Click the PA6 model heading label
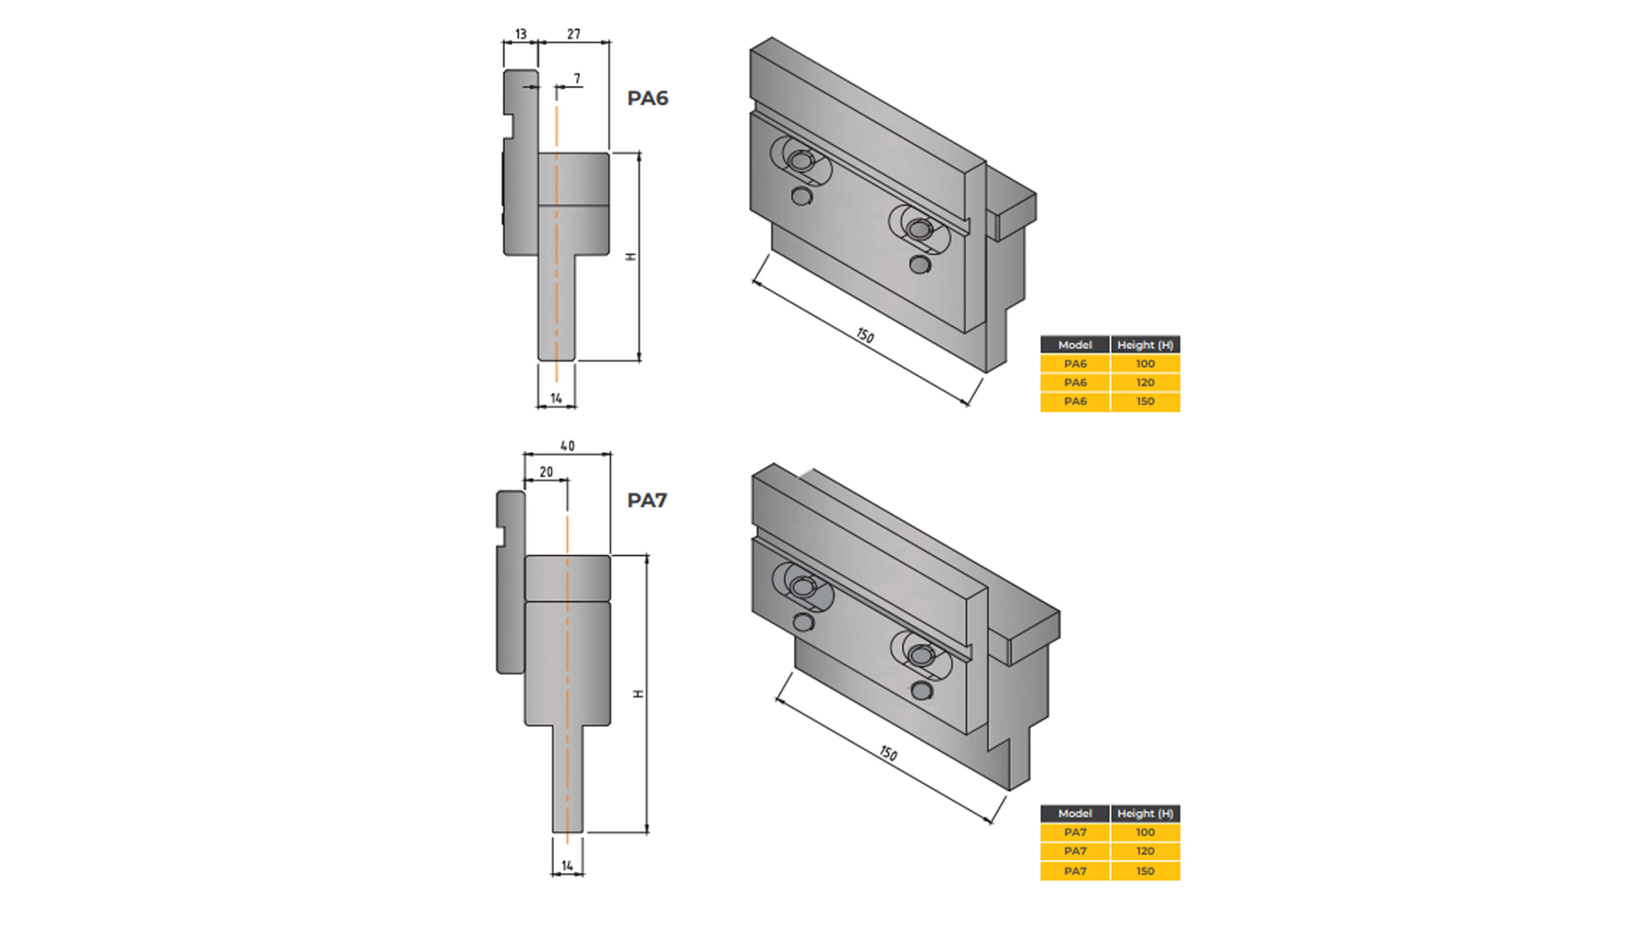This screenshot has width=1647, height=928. [x=647, y=99]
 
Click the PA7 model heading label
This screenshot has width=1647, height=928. [x=646, y=500]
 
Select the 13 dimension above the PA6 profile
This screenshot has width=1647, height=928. [x=520, y=34]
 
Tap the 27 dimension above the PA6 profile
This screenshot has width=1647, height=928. [x=573, y=34]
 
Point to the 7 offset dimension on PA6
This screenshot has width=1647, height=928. [x=577, y=79]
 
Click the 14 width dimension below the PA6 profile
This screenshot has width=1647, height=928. [x=556, y=398]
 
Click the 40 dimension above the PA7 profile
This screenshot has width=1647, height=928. [x=567, y=446]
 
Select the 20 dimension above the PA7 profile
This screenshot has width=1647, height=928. [x=546, y=472]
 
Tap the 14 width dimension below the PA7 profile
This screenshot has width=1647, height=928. [x=567, y=865]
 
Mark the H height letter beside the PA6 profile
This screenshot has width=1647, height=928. [x=631, y=257]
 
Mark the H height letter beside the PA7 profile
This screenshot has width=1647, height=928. [x=638, y=694]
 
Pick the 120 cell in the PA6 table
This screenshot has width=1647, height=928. [x=1145, y=382]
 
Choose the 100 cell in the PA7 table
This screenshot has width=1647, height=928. [x=1145, y=832]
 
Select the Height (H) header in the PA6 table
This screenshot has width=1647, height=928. [x=1145, y=345]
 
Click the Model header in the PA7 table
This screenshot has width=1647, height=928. [x=1075, y=813]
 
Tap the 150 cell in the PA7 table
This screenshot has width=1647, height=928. [x=1145, y=871]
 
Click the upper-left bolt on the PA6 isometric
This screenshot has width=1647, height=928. [x=798, y=160]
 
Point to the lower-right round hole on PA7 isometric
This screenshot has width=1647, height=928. [x=921, y=691]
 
